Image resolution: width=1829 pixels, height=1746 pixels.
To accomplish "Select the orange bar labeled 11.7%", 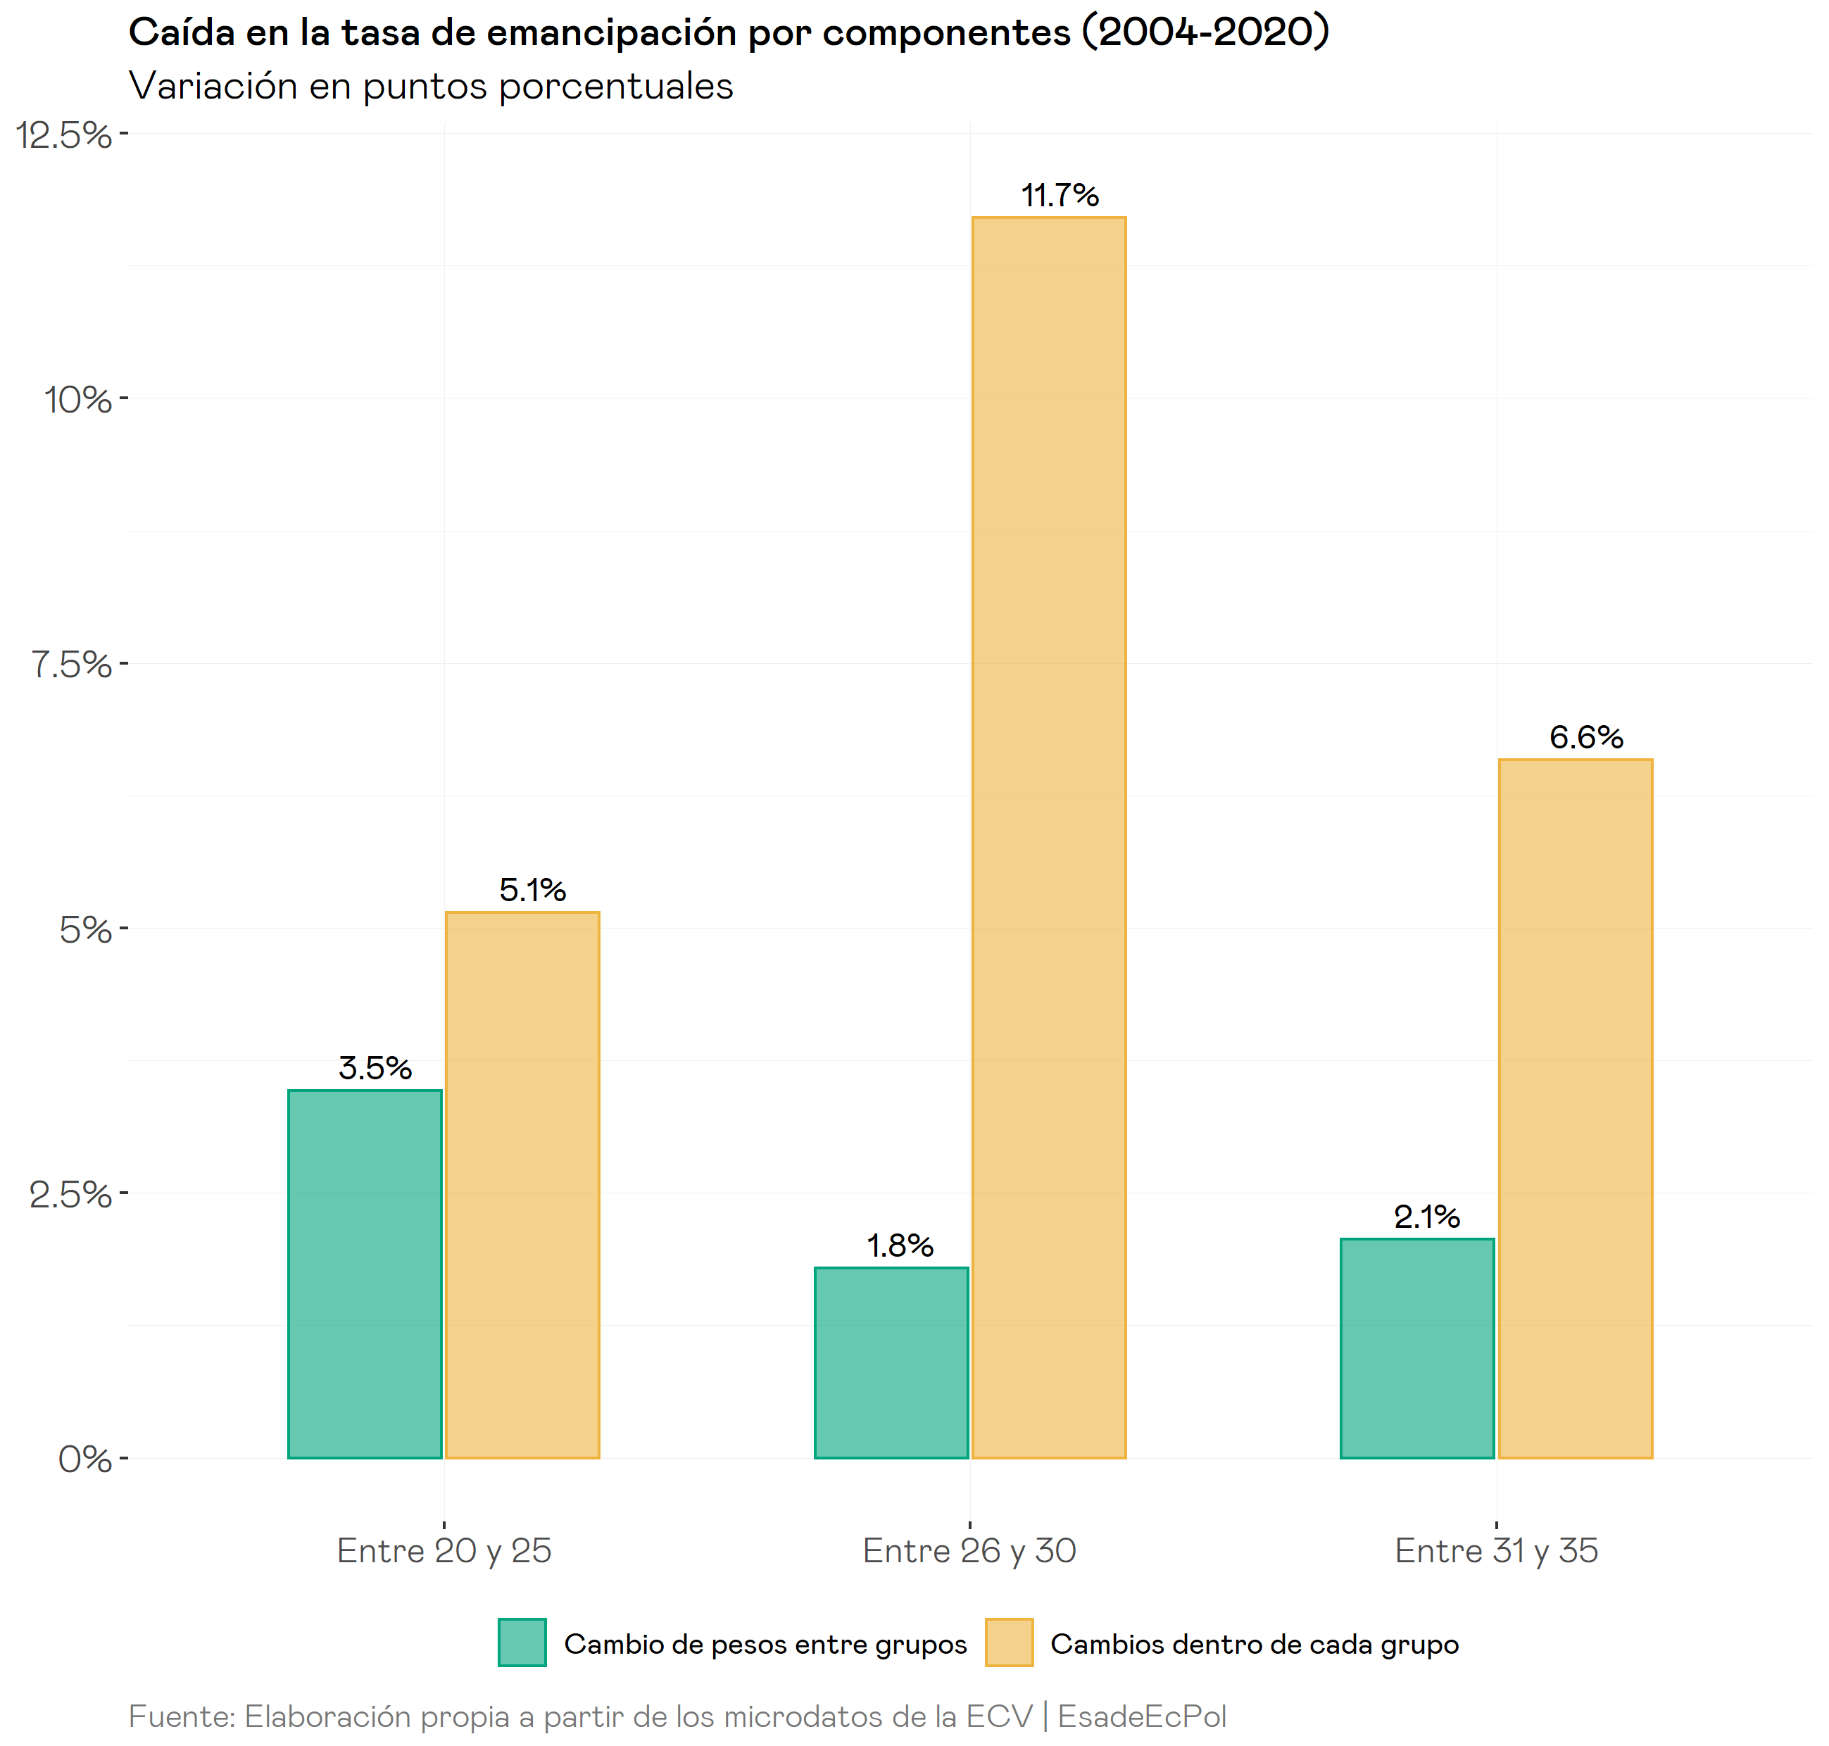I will point(1048,838).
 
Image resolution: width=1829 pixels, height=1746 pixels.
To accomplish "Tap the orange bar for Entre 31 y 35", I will point(1574,1107).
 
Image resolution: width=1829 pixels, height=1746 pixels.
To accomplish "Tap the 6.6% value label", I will point(1585,737).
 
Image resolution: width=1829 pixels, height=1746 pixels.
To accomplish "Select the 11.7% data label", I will point(1060,196).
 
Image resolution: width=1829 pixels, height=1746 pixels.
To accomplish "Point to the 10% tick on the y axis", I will point(78,399).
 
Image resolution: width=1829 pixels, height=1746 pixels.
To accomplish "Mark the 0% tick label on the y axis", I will point(84,1459).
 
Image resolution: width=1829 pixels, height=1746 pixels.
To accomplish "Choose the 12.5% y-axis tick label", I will point(63,135).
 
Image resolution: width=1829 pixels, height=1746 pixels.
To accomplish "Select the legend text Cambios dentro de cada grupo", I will point(1254,1645).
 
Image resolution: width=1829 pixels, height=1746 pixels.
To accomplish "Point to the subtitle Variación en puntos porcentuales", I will point(431,86).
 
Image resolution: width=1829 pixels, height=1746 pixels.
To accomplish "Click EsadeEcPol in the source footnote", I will point(1141,1716).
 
